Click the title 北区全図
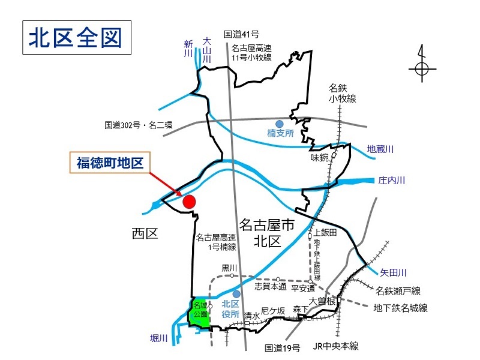coord(76,37)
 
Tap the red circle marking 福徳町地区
coord(189,202)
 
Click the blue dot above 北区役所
coord(237,294)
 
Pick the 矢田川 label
coord(393,272)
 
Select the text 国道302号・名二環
coord(138,125)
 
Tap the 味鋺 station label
coord(320,158)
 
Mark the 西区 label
coord(144,234)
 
